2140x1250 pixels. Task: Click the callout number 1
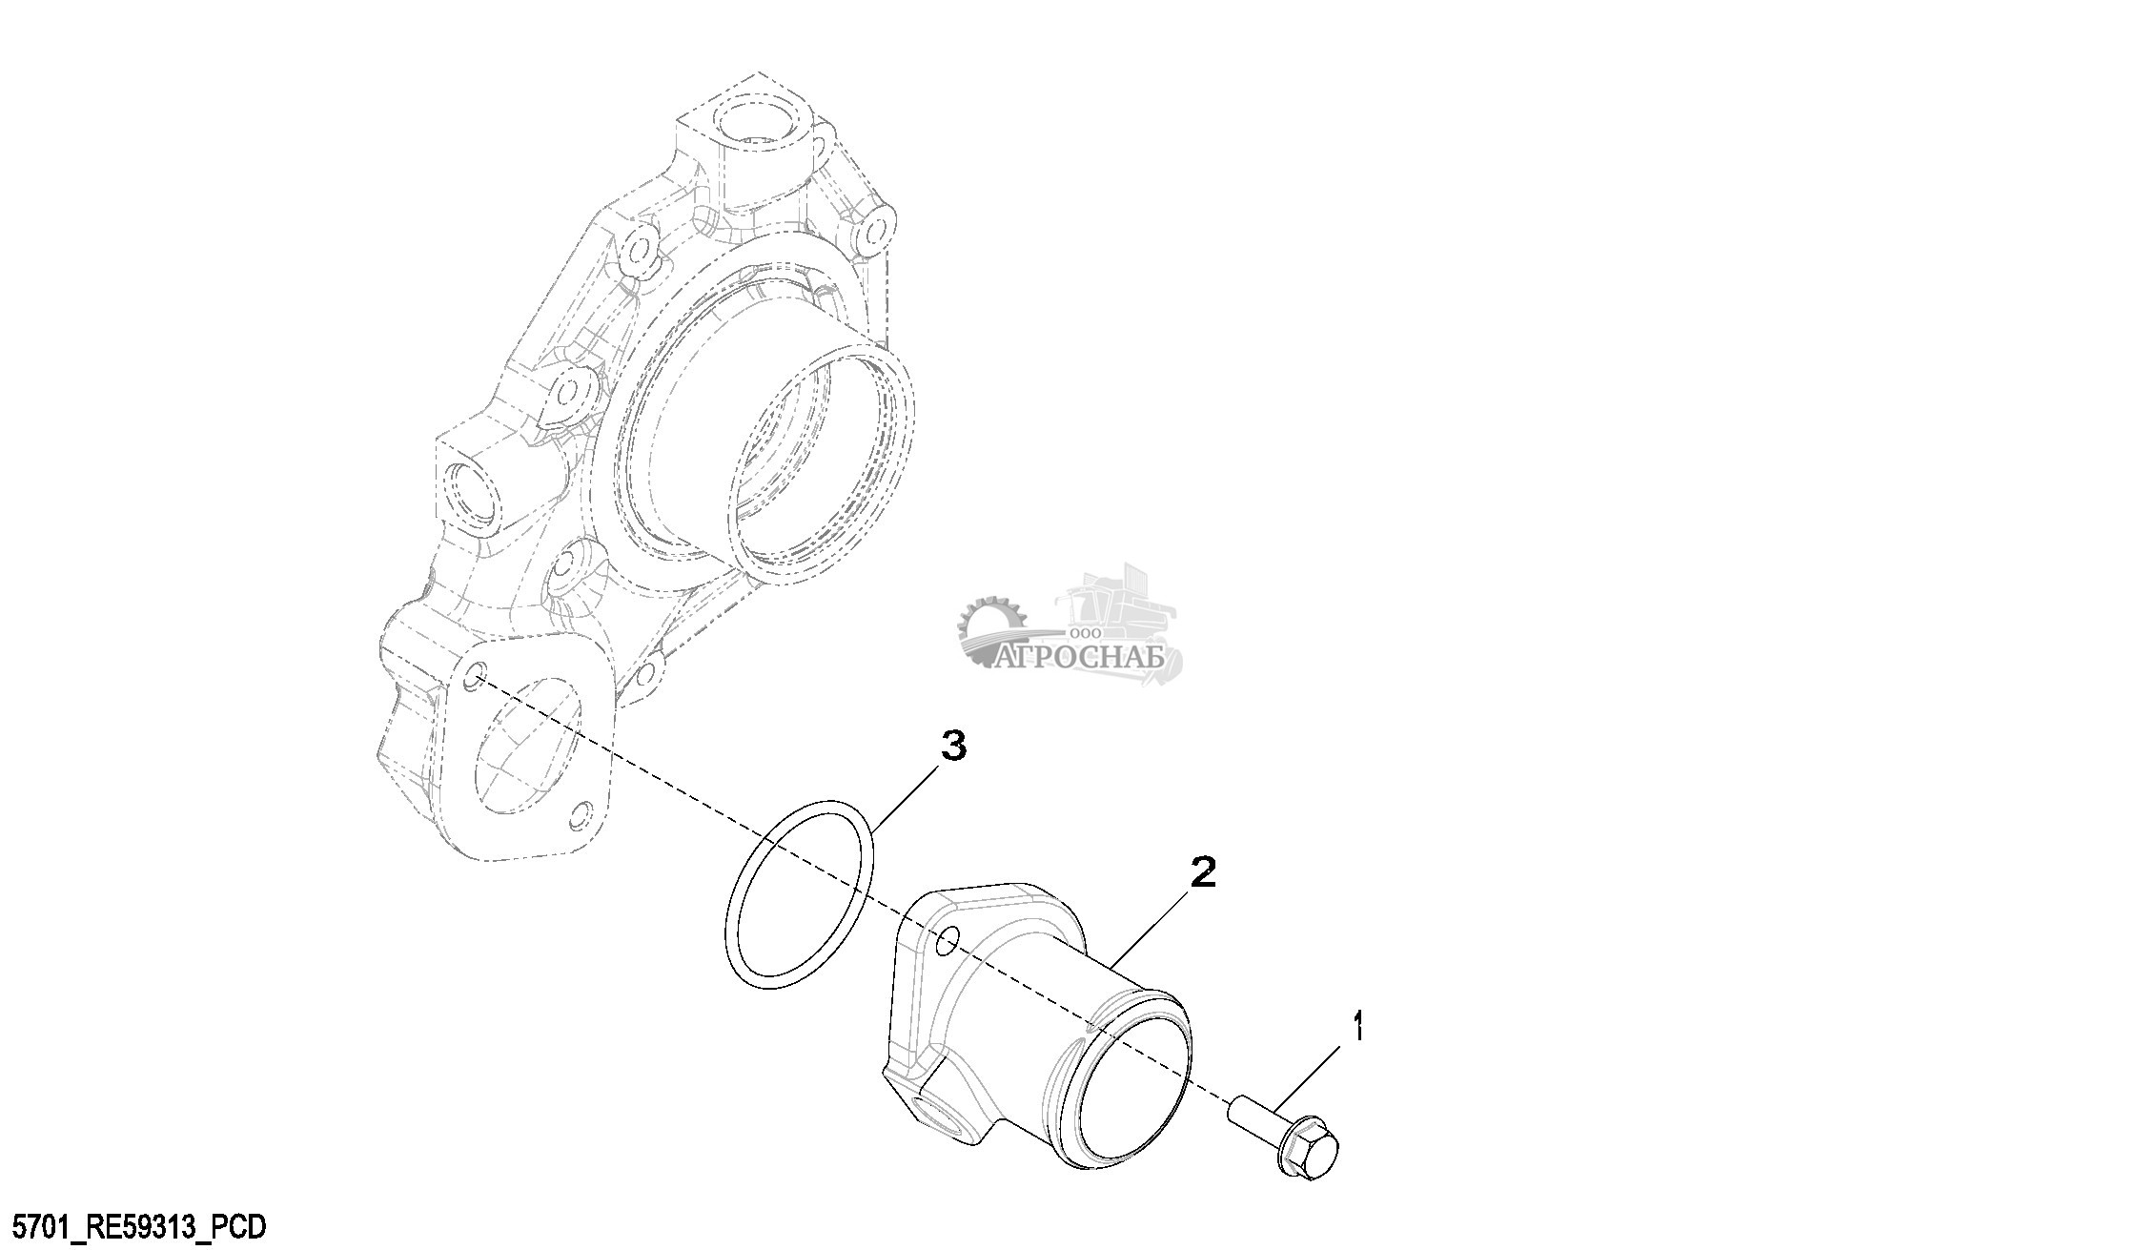tap(1358, 1030)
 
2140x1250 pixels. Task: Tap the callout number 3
tap(953, 746)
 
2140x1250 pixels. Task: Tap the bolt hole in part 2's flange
tap(947, 942)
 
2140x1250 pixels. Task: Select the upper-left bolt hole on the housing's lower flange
tap(473, 680)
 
